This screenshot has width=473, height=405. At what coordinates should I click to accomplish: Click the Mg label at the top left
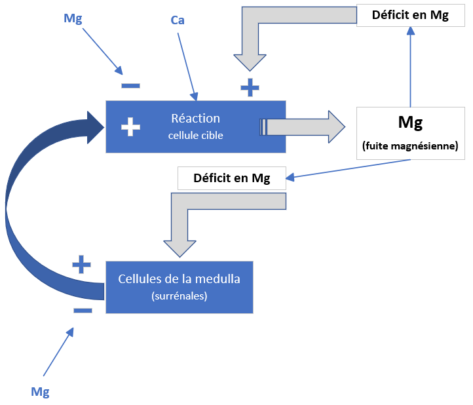(73, 18)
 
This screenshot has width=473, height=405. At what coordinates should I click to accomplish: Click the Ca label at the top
(178, 20)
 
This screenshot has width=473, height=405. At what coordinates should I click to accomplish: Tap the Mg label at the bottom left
(41, 392)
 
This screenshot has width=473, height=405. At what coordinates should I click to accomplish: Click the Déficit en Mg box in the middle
(232, 178)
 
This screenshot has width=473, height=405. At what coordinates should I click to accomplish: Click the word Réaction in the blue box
(195, 119)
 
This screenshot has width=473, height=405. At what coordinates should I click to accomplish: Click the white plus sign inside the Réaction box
(131, 126)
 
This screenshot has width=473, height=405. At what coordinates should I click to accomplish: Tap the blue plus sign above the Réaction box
(250, 87)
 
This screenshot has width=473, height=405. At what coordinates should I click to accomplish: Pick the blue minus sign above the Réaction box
(130, 85)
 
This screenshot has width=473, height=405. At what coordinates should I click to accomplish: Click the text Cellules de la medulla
(179, 279)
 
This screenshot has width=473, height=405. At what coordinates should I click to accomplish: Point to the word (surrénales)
(179, 296)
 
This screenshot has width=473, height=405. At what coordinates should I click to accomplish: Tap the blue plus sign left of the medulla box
(81, 264)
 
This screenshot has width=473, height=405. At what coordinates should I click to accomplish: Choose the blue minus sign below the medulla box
(83, 309)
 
